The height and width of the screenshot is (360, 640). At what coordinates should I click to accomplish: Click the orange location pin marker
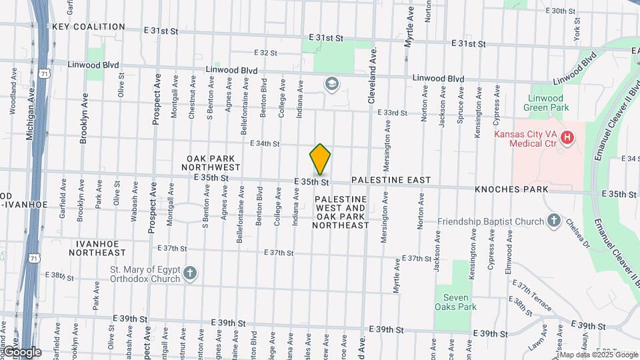[x=320, y=159]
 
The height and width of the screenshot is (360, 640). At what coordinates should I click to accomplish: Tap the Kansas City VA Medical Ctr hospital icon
[x=567, y=138]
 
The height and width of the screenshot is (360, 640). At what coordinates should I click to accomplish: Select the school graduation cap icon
[x=331, y=84]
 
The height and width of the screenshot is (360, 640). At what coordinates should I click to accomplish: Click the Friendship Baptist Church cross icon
[x=553, y=221]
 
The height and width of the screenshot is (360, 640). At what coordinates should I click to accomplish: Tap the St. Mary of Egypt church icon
[x=190, y=273]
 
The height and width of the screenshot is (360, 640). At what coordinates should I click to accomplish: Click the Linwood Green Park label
[x=544, y=103]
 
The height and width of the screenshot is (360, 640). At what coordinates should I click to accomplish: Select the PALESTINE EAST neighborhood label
[x=391, y=181]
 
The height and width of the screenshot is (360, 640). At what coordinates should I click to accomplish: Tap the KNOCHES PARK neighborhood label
[x=511, y=189]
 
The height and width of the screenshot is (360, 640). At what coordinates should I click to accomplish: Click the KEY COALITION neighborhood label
[x=89, y=27]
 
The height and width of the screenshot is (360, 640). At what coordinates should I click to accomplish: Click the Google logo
[x=21, y=352]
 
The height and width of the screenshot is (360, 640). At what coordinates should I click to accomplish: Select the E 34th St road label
[x=265, y=143]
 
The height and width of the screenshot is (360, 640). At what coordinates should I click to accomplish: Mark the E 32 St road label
[x=265, y=53]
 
